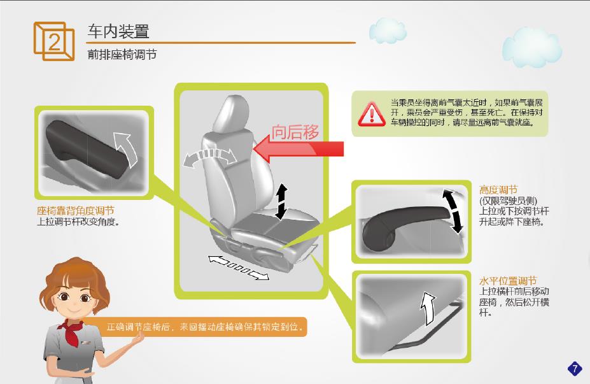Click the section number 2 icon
54,41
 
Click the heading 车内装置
118,31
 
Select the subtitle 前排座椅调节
122,55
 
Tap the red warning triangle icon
372,114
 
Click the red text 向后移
295,132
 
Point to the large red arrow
299,149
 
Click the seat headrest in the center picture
232,113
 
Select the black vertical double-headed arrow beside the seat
281,202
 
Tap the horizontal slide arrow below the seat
239,268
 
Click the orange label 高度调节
498,190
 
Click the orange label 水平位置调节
508,281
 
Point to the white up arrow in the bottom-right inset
428,308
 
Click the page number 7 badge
575,368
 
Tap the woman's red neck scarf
71,331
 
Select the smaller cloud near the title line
388,30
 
